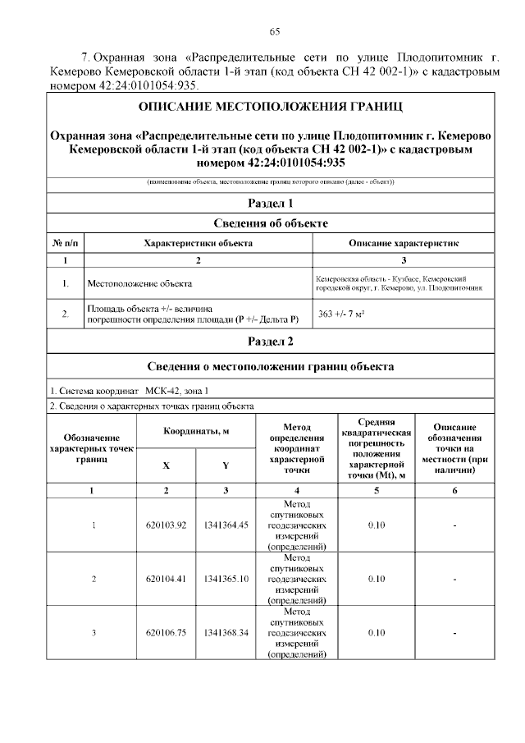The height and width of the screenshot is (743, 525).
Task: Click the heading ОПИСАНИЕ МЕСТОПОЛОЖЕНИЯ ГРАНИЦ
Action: tap(270, 108)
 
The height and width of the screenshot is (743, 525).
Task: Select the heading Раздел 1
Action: tap(270, 203)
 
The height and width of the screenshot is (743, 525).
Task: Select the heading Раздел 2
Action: tap(270, 341)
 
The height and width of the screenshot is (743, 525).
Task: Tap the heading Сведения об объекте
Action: tap(270, 223)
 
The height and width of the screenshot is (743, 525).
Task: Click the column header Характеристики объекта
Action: tap(198, 243)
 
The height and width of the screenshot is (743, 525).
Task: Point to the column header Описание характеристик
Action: tap(404, 243)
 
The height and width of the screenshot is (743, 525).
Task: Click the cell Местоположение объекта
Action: tap(139, 284)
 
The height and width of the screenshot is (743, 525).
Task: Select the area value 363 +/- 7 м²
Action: tap(341, 314)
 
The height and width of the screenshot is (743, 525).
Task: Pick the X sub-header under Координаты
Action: tap(167, 465)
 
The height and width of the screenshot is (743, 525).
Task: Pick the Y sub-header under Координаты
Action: tap(226, 465)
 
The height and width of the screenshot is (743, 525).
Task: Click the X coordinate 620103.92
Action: tap(167, 525)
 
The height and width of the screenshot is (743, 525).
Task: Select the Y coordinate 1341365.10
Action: tap(226, 579)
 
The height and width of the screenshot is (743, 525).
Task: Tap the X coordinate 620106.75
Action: tap(167, 632)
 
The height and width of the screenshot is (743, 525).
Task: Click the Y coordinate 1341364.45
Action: tap(226, 525)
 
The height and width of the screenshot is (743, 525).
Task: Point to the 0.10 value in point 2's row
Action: tap(376, 579)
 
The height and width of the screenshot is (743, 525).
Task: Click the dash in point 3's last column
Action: tap(455, 632)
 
